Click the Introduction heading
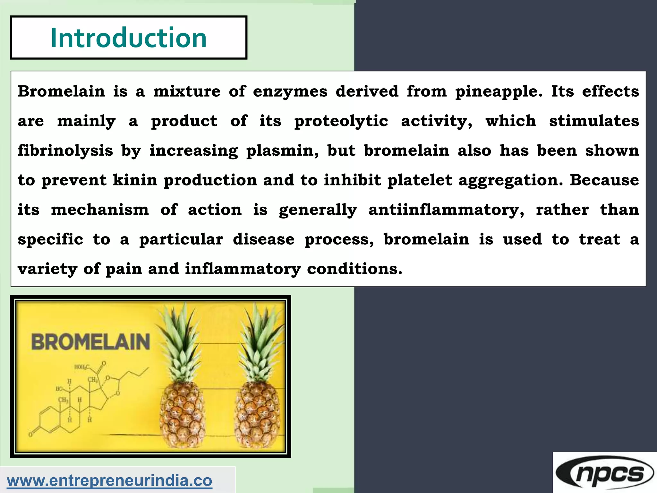point(128,38)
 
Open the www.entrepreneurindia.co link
point(109,480)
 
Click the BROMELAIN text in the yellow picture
point(91,342)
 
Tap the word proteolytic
point(341,121)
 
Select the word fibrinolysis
point(65,151)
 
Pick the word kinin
point(135,180)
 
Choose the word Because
point(604,180)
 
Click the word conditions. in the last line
point(354,269)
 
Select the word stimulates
point(594,121)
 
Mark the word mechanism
point(100,210)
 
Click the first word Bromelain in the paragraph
point(61,91)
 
